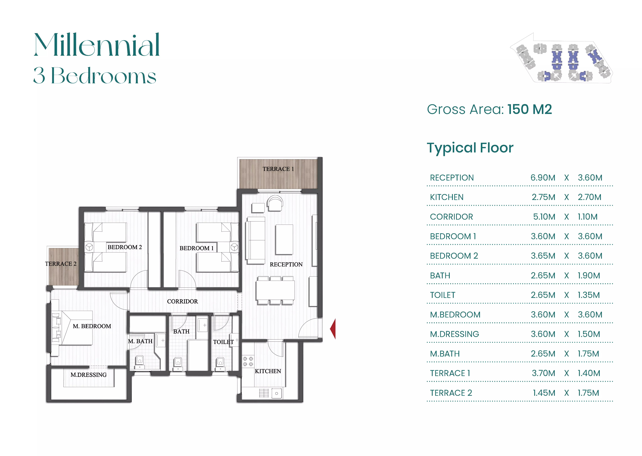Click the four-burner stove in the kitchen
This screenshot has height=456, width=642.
(x=248, y=361)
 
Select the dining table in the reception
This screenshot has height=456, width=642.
(x=275, y=290)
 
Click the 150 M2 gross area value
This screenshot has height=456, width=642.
(x=529, y=109)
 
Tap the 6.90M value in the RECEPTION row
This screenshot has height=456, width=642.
(x=543, y=178)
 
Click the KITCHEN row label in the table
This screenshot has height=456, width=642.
(x=447, y=197)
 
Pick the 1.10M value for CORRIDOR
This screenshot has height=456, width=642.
(x=587, y=217)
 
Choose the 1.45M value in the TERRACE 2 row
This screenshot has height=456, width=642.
(x=544, y=393)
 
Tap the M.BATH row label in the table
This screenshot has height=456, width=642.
(x=445, y=354)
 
